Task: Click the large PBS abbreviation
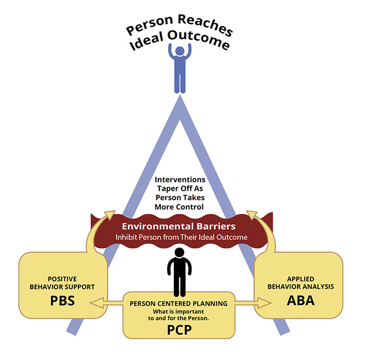pos(62,300)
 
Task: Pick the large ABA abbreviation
pos(301,300)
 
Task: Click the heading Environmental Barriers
pos(178,227)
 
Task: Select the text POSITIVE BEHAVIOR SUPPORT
pos(62,283)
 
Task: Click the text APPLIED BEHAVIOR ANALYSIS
pos(300,283)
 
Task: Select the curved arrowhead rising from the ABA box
pos(251,215)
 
